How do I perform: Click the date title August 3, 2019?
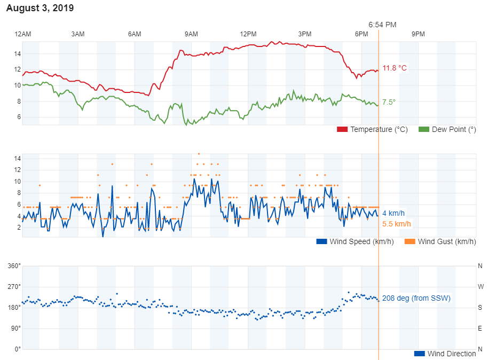(x=40, y=8)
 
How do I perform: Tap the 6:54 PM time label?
(x=382, y=25)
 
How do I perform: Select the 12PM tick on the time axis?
(x=248, y=34)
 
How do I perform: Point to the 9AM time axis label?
(x=191, y=34)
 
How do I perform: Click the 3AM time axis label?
(x=78, y=34)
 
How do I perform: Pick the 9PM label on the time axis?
(x=418, y=34)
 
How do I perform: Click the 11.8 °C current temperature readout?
(x=395, y=68)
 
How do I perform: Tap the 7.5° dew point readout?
(x=389, y=102)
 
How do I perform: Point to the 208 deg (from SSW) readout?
(x=416, y=298)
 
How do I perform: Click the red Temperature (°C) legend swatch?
(x=342, y=130)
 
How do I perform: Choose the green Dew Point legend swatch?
(x=424, y=130)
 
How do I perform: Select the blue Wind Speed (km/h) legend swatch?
(x=321, y=241)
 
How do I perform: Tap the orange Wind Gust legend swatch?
(x=410, y=241)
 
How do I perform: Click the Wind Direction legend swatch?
(x=419, y=354)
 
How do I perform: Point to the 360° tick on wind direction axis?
(x=13, y=266)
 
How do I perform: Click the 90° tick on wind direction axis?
(x=15, y=328)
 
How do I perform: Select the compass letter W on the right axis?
(x=480, y=287)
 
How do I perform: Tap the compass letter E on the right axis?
(x=480, y=328)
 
